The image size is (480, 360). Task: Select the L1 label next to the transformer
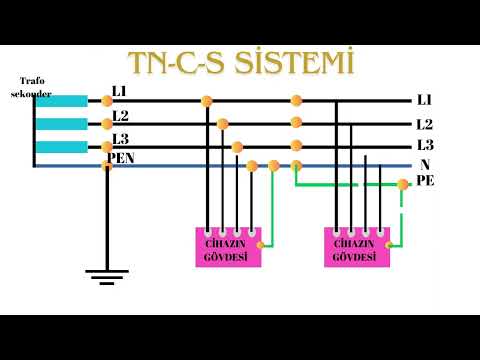pos(119,92)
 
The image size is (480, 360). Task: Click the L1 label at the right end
pos(424,101)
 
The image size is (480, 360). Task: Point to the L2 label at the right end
pos(424,125)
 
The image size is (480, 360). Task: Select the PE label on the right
pos(424,181)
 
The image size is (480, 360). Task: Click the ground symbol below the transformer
pos(107,272)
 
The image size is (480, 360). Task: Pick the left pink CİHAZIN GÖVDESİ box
pos(227,247)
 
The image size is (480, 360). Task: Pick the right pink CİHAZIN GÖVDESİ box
pos(356,247)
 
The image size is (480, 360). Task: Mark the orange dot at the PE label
pos(403,184)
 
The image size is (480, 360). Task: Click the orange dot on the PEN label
pos(107,165)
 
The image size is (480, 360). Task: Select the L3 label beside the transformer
pos(119,138)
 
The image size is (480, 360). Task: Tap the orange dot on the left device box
pos(260,243)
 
